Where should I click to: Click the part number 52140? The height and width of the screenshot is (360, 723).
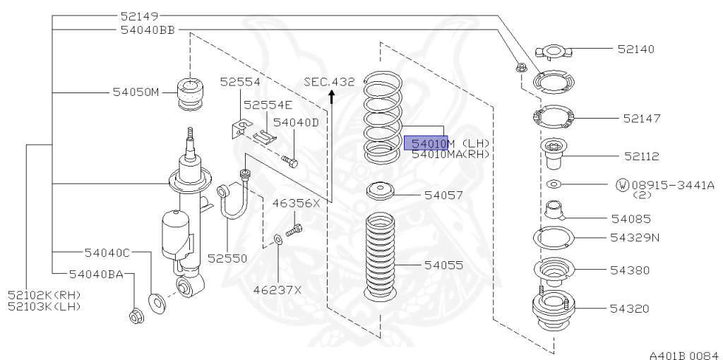(x=635, y=49)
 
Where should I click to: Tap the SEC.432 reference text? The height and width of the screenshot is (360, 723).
(x=329, y=82)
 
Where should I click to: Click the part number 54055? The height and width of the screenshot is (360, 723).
(x=443, y=265)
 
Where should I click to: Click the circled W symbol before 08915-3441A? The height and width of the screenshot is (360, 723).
(x=622, y=185)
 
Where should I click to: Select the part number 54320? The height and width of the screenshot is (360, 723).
(x=630, y=308)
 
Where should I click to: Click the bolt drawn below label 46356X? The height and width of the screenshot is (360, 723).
(x=294, y=230)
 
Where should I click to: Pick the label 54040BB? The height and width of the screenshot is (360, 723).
(x=147, y=30)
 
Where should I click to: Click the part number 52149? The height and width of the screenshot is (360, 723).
(x=139, y=16)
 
